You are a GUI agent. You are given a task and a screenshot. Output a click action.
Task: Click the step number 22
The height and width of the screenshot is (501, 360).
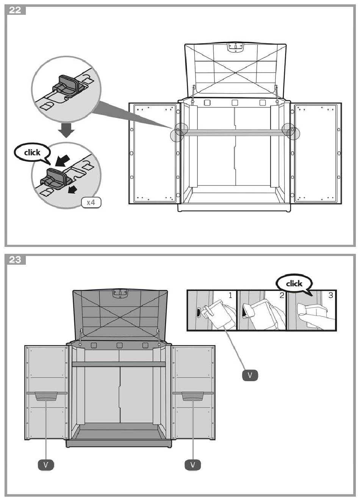point(15,10)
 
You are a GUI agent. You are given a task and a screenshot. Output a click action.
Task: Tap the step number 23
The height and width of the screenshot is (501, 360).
point(15,260)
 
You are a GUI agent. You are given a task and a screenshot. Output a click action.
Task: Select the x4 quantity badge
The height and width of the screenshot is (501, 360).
point(91,203)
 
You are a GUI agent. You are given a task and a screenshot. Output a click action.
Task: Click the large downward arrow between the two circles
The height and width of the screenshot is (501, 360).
point(67,130)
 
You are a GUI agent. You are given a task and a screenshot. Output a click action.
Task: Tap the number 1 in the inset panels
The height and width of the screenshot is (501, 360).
point(230,295)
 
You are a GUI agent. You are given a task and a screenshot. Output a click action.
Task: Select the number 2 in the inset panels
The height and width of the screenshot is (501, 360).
point(282,295)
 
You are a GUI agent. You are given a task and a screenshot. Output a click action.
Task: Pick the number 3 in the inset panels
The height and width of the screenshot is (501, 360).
point(331,295)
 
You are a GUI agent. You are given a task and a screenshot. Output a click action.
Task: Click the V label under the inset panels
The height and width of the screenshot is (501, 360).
point(250,375)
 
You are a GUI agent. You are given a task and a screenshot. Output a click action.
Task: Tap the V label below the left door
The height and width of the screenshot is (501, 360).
point(46,465)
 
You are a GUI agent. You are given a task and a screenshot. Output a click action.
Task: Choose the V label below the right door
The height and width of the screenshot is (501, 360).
point(193,465)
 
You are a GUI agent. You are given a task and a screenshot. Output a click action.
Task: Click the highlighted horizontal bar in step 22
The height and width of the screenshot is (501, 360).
point(235,133)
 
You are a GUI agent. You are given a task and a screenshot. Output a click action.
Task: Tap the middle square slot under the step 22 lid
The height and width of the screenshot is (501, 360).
point(235,103)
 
